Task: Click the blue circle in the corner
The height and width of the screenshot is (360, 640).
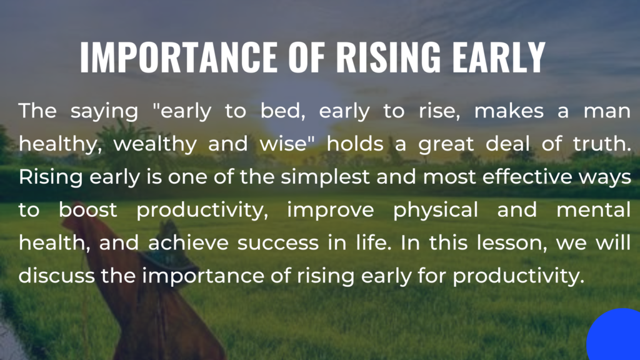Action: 614,334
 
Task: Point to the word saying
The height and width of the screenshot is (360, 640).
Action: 104,111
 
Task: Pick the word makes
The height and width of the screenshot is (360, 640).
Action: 509,111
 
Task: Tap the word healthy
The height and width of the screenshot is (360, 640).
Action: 60,144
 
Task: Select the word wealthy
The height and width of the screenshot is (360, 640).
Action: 155,144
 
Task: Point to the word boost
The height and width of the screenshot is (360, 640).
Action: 87,210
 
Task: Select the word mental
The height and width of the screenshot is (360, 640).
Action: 594,210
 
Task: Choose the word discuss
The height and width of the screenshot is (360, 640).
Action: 57,276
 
